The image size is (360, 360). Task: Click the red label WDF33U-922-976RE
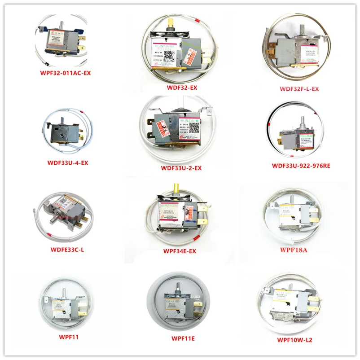(300, 166)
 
